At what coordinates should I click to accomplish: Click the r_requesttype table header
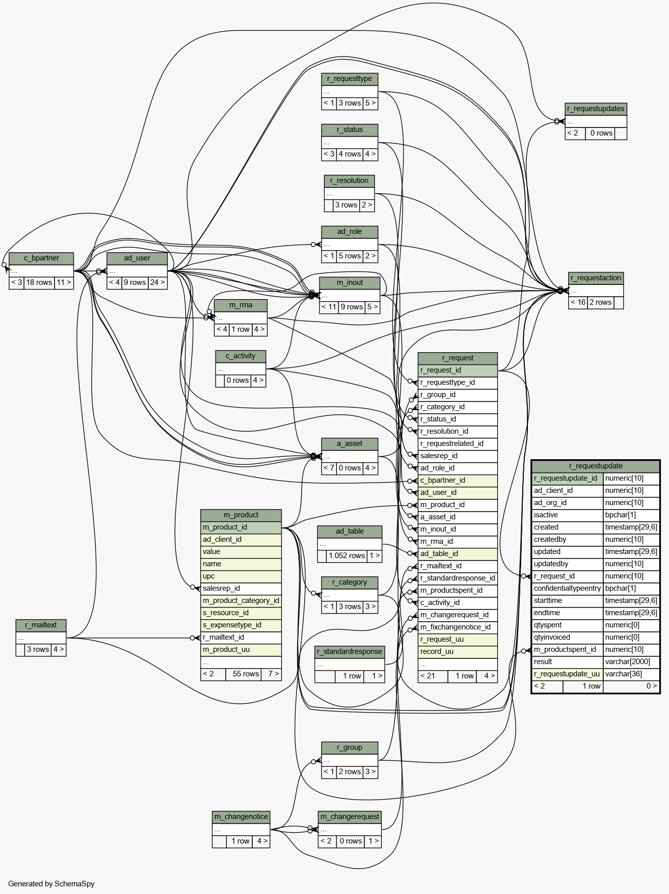[350, 79]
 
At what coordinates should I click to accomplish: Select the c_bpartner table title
[41, 258]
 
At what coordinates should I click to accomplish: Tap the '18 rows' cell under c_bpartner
[39, 283]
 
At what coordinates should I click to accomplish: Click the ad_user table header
[137, 258]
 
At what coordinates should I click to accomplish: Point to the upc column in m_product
[241, 576]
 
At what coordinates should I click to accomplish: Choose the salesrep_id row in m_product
[241, 589]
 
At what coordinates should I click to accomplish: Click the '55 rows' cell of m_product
[246, 674]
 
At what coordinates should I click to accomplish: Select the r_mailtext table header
[41, 625]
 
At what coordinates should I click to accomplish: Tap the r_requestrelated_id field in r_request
[458, 444]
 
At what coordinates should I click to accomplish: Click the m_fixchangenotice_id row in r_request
[458, 627]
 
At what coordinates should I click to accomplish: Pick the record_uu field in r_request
[458, 652]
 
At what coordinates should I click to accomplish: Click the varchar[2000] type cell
[631, 662]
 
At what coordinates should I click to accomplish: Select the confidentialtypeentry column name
[567, 589]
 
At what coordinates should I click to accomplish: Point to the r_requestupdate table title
[596, 466]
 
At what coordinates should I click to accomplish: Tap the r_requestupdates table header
[596, 109]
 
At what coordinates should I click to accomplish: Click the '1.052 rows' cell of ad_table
[346, 556]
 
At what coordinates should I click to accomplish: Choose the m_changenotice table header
[241, 817]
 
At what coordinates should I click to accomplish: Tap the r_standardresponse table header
[350, 652]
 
